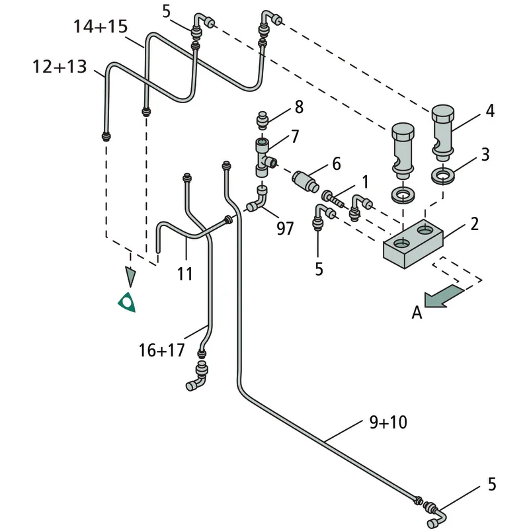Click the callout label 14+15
101,26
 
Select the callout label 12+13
60,67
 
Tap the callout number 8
299,107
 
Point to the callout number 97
285,228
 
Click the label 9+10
388,422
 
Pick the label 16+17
161,350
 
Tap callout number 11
185,273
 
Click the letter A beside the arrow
417,312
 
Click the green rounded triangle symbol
127,302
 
